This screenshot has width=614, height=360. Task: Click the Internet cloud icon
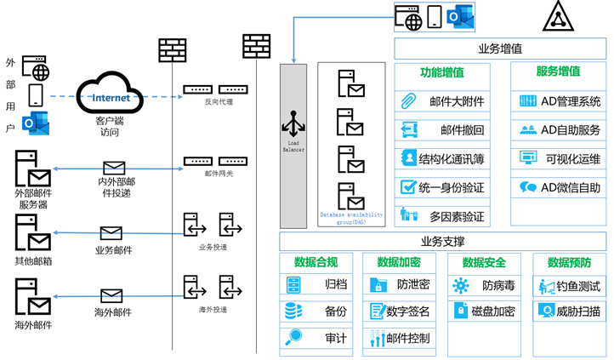tap(111, 96)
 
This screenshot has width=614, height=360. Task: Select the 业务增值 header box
tap(500, 48)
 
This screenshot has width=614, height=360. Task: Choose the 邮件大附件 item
tap(441, 101)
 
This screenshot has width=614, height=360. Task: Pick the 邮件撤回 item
tap(441, 130)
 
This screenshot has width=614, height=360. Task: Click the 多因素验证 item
tap(441, 216)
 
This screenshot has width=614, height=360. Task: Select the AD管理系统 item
tap(558, 101)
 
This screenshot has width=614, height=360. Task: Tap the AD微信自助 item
tap(558, 187)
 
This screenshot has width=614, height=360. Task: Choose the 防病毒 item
tap(484, 284)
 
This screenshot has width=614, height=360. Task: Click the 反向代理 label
tap(219, 101)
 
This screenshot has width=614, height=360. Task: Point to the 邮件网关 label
tap(219, 174)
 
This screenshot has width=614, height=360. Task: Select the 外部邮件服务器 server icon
tap(32, 169)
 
